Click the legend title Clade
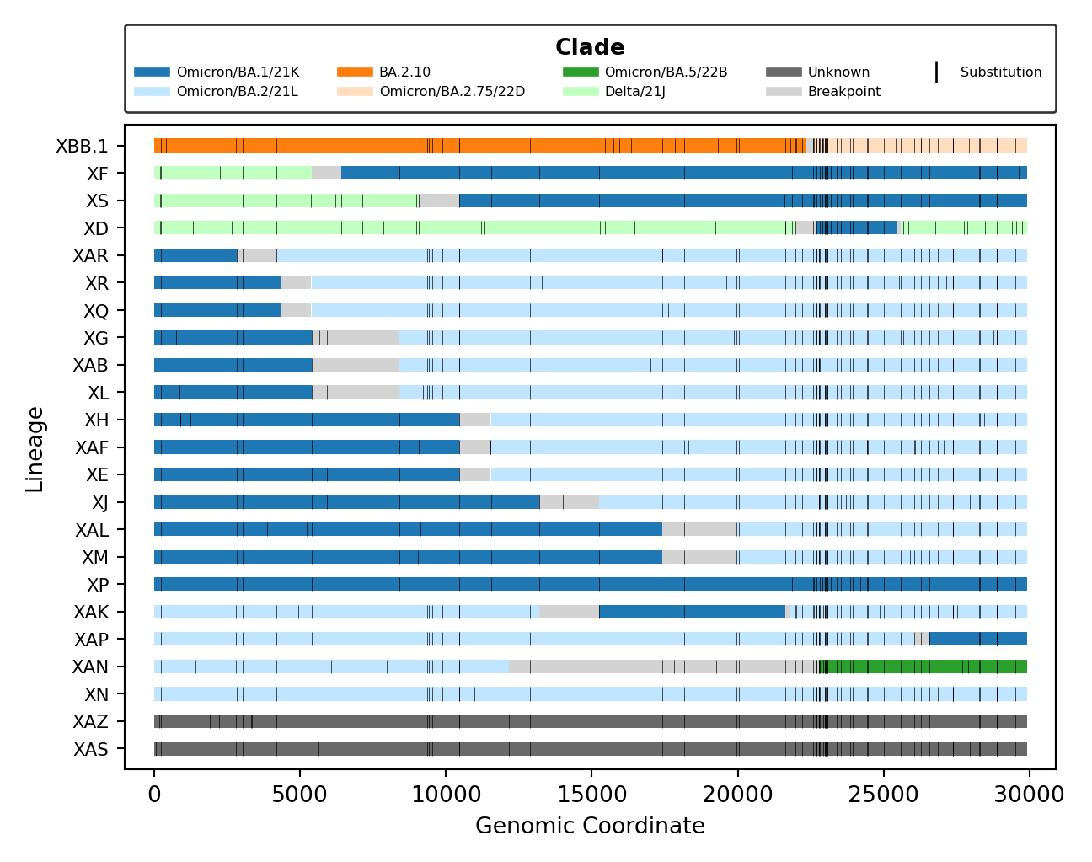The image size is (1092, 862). click(590, 47)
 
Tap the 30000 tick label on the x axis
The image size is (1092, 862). click(1029, 795)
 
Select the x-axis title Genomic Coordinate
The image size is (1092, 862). click(590, 826)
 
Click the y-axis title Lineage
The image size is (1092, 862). click(35, 448)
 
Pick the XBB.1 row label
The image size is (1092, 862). click(82, 147)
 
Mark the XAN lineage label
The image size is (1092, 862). click(90, 667)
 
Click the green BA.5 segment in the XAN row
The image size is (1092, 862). click(927, 667)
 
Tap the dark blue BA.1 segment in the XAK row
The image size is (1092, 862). click(691, 612)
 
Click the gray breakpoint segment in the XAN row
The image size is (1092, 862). click(657, 667)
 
